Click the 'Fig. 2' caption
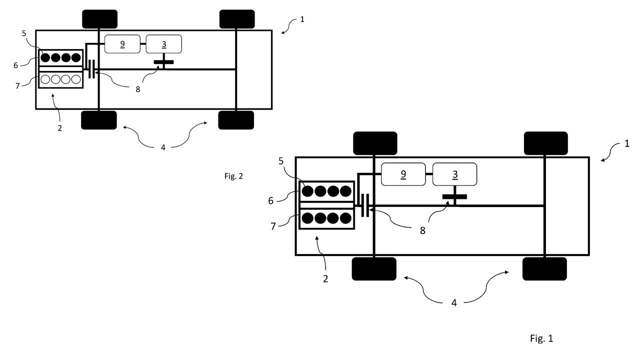tap(233, 176)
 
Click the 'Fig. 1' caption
tap(541, 338)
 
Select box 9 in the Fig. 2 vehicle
tap(122, 44)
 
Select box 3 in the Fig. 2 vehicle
tap(163, 44)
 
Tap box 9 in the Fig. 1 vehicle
tap(403, 174)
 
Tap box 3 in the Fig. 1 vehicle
tap(454, 174)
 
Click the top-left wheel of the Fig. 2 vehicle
tap(99, 19)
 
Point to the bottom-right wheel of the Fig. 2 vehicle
tap(236, 120)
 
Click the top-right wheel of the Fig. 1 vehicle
tap(545, 143)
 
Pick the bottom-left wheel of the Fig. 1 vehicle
tap(374, 269)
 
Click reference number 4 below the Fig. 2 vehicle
tap(163, 147)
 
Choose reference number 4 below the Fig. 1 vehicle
tap(454, 303)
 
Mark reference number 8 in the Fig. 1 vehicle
tap(422, 230)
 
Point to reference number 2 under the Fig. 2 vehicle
tap(59, 128)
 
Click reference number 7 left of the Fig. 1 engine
tap(273, 226)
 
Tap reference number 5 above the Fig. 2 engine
tap(24, 33)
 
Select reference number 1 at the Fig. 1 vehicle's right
tap(627, 143)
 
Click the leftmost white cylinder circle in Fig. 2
tap(45, 79)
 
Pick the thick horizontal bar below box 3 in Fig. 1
tap(454, 196)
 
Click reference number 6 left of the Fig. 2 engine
tap(15, 65)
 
